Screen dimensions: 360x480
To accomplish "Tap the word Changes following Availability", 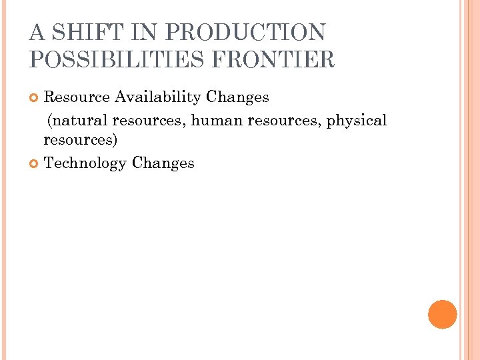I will coord(237,97).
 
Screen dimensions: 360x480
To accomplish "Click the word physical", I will coord(357,121).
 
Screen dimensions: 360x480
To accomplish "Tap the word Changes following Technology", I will coord(163,163).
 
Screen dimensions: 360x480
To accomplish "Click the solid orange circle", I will coord(443,314).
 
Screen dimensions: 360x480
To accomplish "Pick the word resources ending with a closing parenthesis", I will coord(80,141).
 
